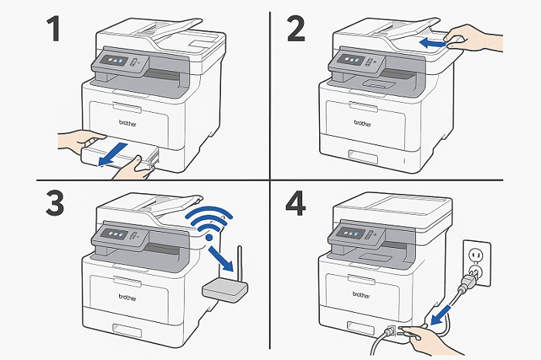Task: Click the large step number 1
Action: pyautogui.click(x=54, y=29)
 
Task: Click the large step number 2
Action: pyautogui.click(x=296, y=29)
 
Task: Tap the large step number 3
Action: pyautogui.click(x=55, y=204)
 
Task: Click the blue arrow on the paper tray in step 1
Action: pyautogui.click(x=113, y=155)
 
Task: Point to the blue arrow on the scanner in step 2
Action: pyautogui.click(x=433, y=43)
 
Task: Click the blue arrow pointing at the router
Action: pyautogui.click(x=221, y=259)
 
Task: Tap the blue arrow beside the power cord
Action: pyautogui.click(x=441, y=314)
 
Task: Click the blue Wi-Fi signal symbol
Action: pyautogui.click(x=209, y=222)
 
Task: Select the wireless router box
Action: pyautogui.click(x=225, y=290)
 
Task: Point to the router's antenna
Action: pyautogui.click(x=240, y=263)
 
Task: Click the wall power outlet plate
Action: pyautogui.click(x=477, y=263)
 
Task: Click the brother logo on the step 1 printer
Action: pyautogui.click(x=128, y=123)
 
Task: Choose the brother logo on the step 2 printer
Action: pyautogui.click(x=362, y=123)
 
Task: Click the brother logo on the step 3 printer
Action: pyautogui.click(x=128, y=297)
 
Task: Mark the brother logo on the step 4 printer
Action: pyautogui.click(x=361, y=295)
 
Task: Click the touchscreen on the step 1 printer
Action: pyautogui.click(x=114, y=60)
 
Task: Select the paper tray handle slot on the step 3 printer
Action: pyautogui.click(x=127, y=331)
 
